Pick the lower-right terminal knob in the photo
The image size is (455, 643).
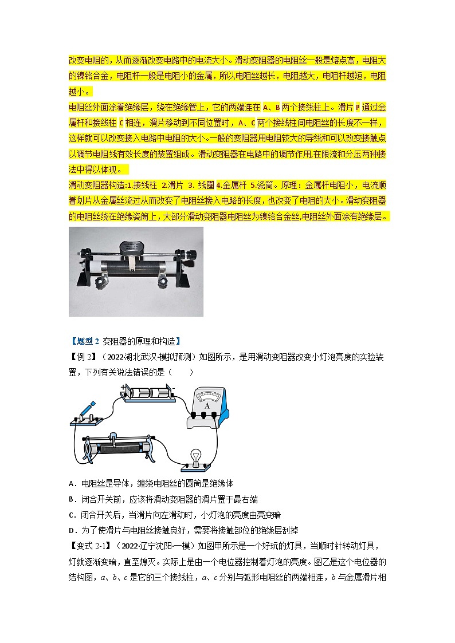click(x=166, y=281)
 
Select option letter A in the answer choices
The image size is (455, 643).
click(x=72, y=483)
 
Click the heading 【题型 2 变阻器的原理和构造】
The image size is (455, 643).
click(x=125, y=341)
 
